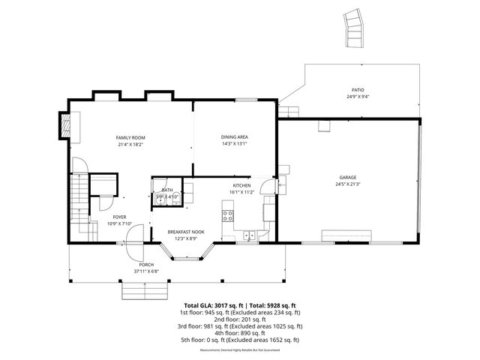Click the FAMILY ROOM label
pyautogui.click(x=130, y=138)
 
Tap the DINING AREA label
pyautogui.click(x=234, y=137)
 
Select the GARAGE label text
pyautogui.click(x=346, y=177)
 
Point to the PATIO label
pyautogui.click(x=358, y=89)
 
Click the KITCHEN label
pyautogui.click(x=241, y=185)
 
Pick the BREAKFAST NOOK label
pyautogui.click(x=185, y=232)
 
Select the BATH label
pyautogui.click(x=166, y=190)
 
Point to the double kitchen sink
pyautogui.click(x=250, y=235)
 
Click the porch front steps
pyautogui.click(x=143, y=289)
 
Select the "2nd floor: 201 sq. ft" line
pyautogui.click(x=207, y=319)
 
